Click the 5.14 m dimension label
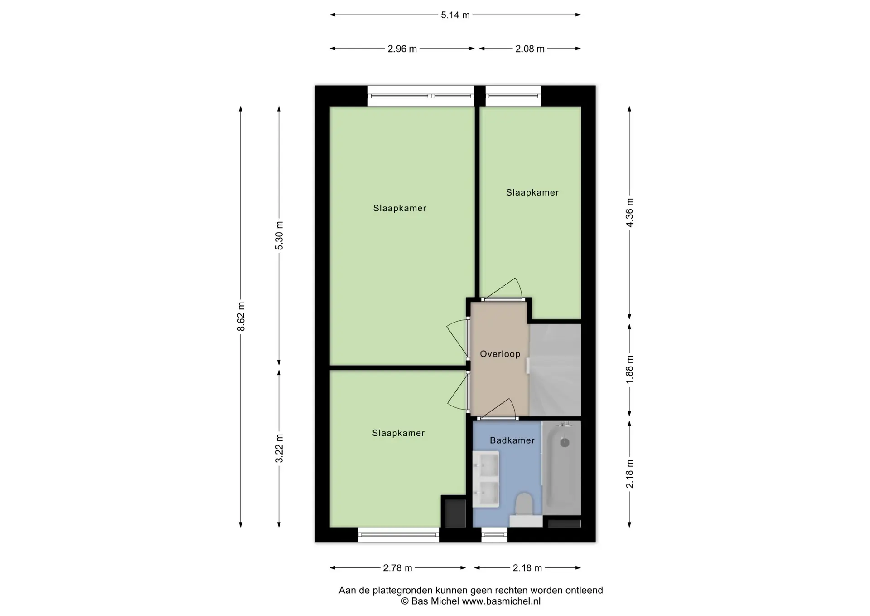455,15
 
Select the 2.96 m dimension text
402,49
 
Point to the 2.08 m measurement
530,49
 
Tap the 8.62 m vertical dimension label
241,316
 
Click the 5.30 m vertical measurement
280,235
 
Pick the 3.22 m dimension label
280,448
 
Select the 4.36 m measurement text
630,213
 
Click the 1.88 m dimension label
630,370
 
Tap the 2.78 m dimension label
398,568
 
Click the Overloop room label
500,354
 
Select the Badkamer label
512,440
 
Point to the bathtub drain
565,442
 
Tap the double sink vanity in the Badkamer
486,479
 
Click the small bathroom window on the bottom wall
494,535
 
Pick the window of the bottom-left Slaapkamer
399,535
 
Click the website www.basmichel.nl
501,601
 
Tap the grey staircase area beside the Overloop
555,370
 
